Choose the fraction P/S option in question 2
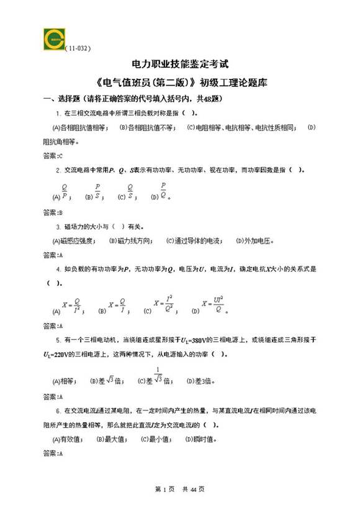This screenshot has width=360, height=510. coord(97,191)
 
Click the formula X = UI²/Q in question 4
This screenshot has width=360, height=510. coord(218,304)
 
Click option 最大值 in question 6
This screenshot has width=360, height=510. coord(112,439)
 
